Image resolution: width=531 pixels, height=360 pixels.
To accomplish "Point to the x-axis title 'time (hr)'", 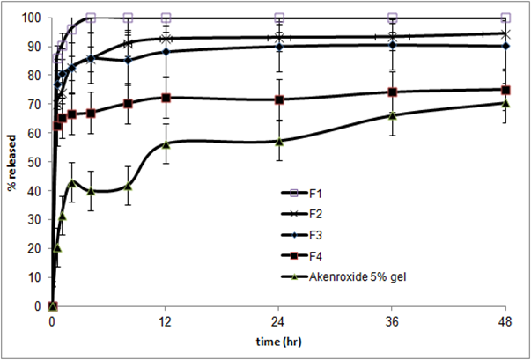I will coord(278,342).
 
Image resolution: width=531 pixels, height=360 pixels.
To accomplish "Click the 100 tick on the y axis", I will coord(35,18).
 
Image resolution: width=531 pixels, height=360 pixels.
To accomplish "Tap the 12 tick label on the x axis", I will coord(166,322).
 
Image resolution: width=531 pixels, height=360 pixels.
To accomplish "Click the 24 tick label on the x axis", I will coord(279,322).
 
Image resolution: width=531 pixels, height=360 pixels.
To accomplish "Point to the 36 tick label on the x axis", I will coord(393,322).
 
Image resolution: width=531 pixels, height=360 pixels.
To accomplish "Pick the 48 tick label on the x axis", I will coord(505,322).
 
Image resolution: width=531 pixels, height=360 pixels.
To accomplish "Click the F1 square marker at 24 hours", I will coord(279,18).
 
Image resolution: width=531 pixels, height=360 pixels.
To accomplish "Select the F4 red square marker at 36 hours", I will coord(393,92).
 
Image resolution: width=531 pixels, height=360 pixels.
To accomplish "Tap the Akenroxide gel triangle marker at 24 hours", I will coord(279,141).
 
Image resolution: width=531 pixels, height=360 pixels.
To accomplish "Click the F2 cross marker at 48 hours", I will coord(505,33).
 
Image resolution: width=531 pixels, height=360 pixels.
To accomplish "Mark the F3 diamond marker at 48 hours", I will coord(505,46).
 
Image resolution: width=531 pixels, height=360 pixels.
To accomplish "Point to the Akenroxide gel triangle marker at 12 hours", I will coord(166,144).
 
